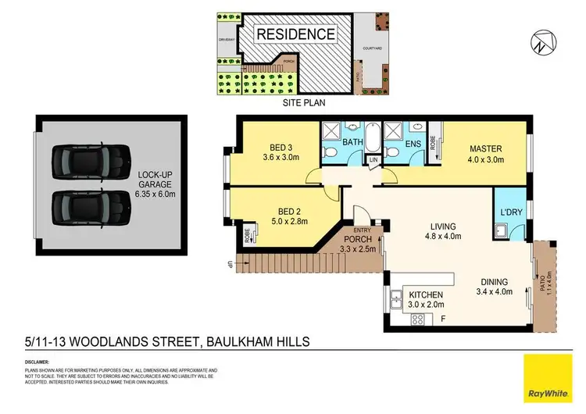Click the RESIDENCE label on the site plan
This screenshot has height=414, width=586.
[x=296, y=34]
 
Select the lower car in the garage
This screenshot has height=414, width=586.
[x=88, y=207]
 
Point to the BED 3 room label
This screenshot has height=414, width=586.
[x=280, y=148]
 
